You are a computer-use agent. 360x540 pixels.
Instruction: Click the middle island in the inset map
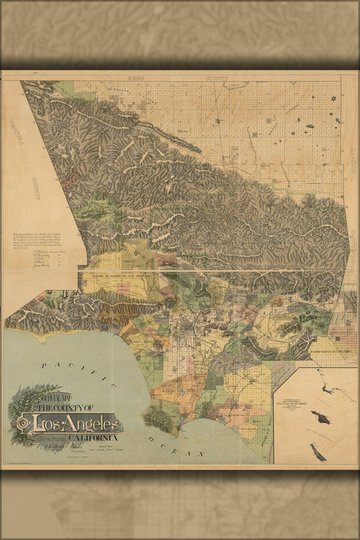tap(316, 416)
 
